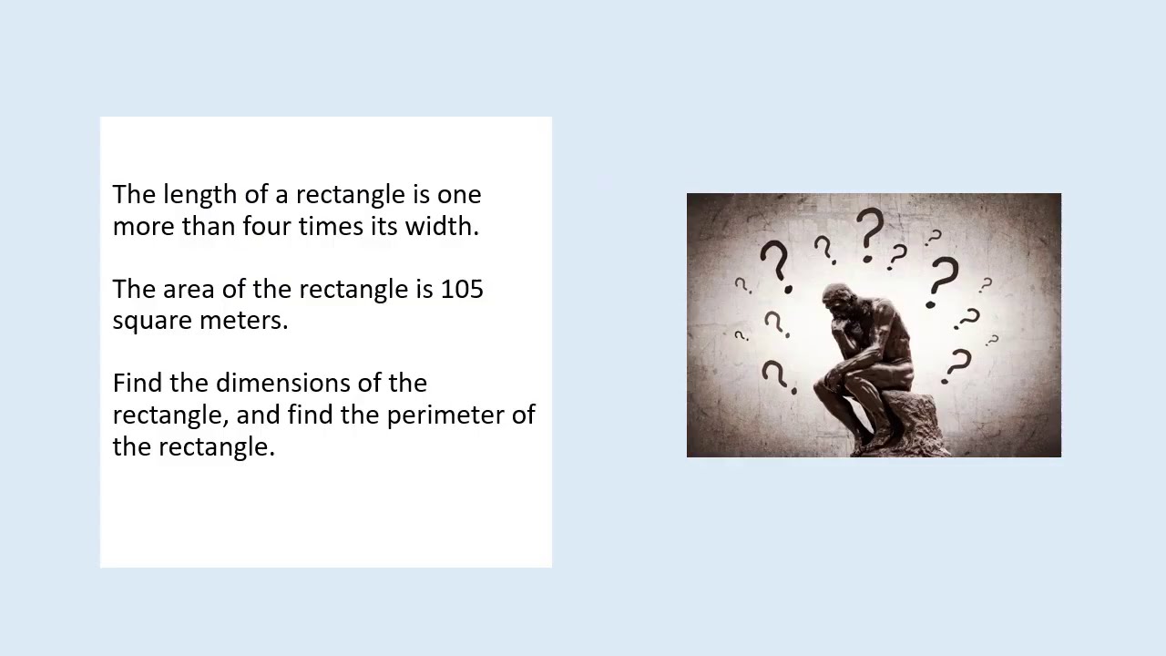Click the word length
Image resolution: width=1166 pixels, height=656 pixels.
click(199, 195)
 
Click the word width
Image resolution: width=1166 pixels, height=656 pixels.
click(441, 226)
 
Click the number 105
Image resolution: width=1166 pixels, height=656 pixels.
click(462, 290)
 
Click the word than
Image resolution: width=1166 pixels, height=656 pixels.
click(208, 226)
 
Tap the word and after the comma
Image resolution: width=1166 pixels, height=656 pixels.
click(258, 415)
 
